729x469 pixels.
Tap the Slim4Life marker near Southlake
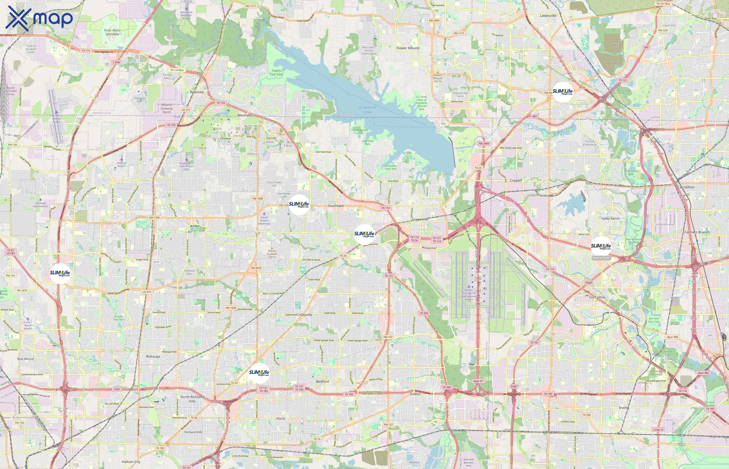(x=299, y=205)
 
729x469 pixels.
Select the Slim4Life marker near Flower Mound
(x=563, y=92)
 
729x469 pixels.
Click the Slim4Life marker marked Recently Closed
(x=601, y=247)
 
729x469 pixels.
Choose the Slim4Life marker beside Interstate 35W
(x=60, y=274)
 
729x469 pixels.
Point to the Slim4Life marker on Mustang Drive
(x=364, y=234)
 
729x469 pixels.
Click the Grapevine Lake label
(x=368, y=109)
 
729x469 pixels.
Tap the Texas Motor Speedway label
(x=112, y=32)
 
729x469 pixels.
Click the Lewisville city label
(x=548, y=16)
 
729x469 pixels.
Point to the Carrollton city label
(x=686, y=187)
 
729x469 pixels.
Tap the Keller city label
(x=195, y=226)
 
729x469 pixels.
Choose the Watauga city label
(x=153, y=356)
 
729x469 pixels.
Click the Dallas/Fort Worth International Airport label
(x=469, y=294)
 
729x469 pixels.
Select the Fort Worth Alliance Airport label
(x=56, y=119)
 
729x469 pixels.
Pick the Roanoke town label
(x=197, y=92)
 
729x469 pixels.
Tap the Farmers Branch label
(x=697, y=232)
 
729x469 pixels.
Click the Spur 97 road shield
(x=478, y=381)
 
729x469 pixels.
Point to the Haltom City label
(x=131, y=462)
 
